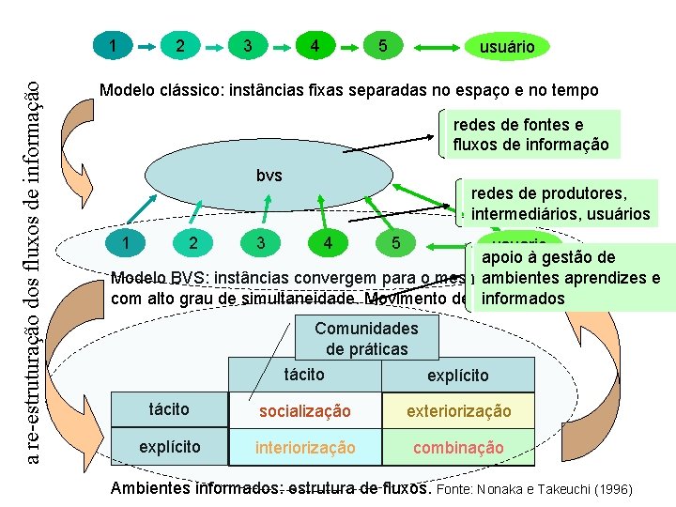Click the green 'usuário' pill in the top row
[507, 46]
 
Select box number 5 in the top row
[382, 45]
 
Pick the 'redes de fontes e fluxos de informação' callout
[530, 135]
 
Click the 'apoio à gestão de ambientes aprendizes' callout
[573, 278]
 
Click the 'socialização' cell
[305, 411]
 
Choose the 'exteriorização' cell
[458, 411]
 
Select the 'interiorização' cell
[305, 448]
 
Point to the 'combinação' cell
[458, 448]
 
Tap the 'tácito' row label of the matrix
[170, 409]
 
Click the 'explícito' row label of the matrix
[170, 447]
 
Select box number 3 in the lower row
[260, 243]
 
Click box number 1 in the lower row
[125, 243]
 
